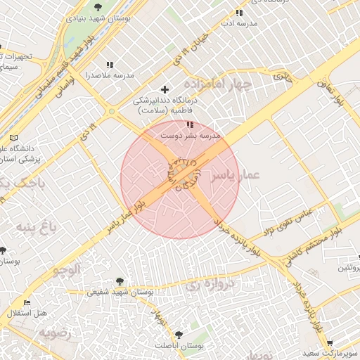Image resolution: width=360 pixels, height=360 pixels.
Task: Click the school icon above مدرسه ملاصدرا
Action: pos(109,65)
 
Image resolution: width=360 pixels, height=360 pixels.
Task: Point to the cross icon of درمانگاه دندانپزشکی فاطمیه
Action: pos(165,89)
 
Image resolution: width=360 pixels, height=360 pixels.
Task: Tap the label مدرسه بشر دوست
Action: pos(191,134)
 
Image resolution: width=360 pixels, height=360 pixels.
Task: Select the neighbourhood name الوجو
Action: pos(67,269)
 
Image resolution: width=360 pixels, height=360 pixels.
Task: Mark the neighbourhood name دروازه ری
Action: pos(203,285)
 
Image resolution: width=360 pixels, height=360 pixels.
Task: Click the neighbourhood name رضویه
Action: pos(55,333)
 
